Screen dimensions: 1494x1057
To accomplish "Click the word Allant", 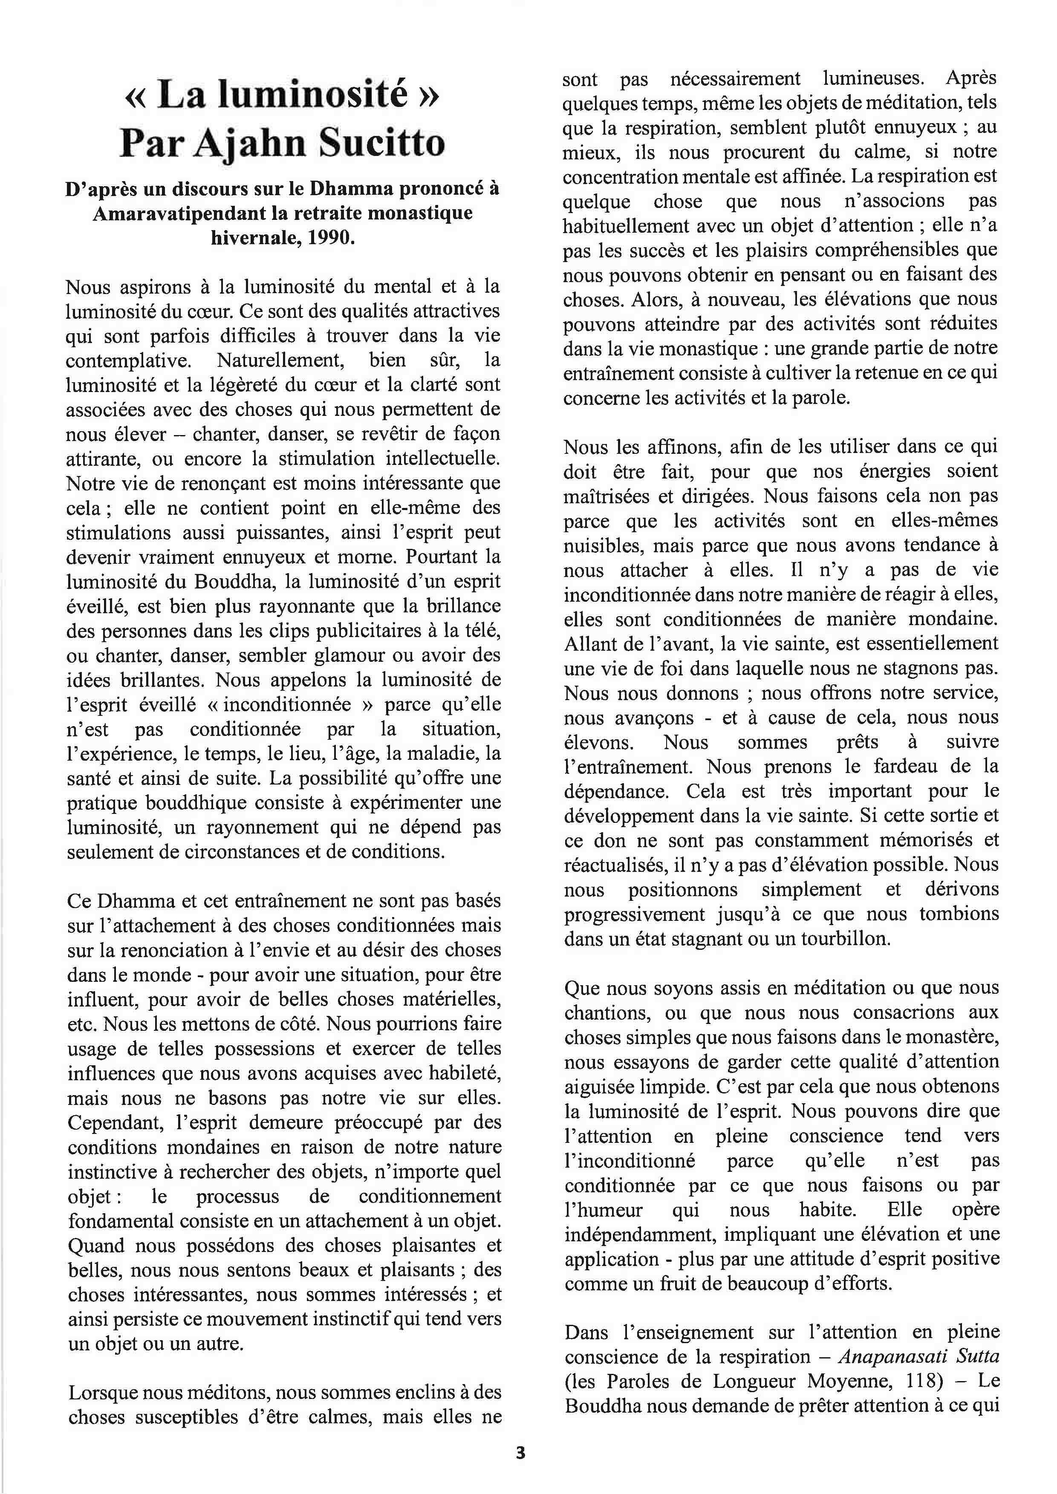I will [588, 643].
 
